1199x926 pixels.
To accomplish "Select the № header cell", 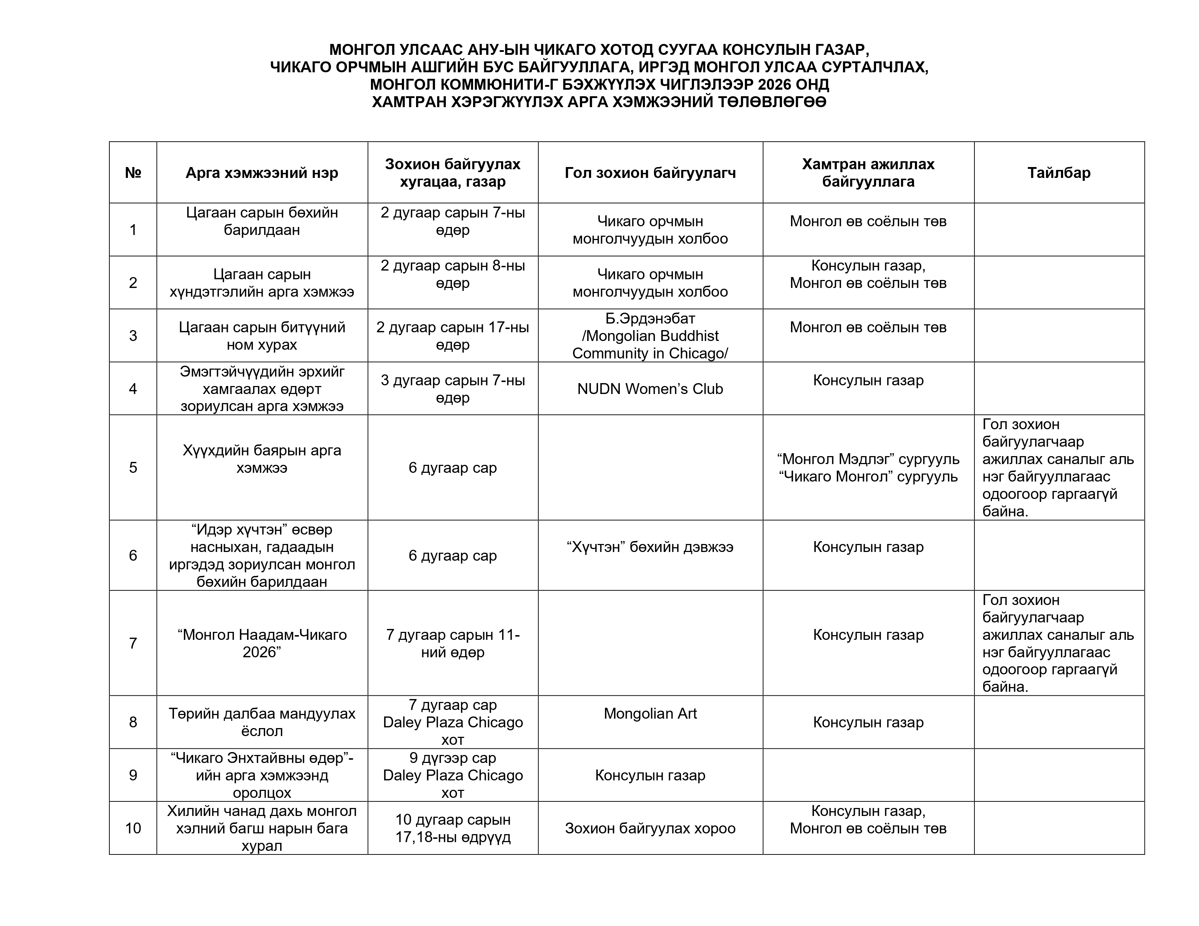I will click(x=133, y=173).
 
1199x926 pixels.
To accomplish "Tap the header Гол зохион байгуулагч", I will click(x=650, y=173).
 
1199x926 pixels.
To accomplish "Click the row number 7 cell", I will click(x=133, y=643).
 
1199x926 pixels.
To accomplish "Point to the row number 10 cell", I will click(x=133, y=828).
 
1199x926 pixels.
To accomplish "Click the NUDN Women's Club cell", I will click(x=650, y=389).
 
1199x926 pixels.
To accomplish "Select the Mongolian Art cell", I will click(x=650, y=714).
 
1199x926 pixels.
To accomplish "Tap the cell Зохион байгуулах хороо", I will click(x=650, y=828).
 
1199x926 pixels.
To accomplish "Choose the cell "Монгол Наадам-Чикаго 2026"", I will click(x=262, y=643).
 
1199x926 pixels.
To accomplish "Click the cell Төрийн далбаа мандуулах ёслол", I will click(x=262, y=722).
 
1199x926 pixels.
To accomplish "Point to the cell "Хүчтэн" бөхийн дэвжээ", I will click(x=650, y=547).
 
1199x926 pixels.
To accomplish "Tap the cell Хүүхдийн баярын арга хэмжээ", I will click(x=262, y=459).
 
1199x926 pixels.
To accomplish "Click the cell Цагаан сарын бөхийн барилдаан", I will click(x=262, y=221).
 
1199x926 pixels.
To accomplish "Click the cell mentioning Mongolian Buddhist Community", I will click(x=650, y=336).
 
